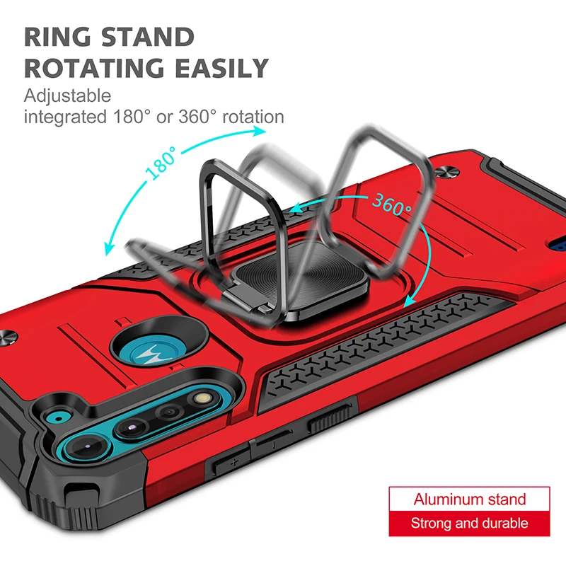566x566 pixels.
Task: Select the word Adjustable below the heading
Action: click(67, 96)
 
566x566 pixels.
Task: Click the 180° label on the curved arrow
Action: click(161, 164)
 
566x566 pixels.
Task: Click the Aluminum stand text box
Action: click(469, 499)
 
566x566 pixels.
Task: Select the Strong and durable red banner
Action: click(469, 524)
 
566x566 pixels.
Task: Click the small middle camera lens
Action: click(168, 412)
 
